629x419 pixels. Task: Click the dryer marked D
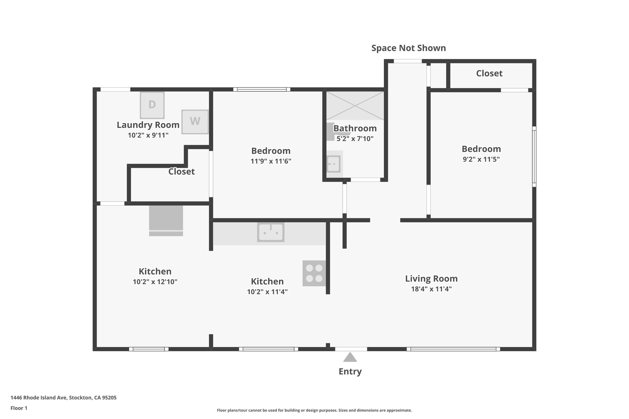152,105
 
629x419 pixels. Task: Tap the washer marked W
195,122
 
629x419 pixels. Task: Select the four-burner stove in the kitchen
314,273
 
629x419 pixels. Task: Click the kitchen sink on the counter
271,232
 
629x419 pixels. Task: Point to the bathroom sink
333,164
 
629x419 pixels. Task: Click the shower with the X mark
355,106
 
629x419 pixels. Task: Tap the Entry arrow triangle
350,357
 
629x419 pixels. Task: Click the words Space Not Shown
408,48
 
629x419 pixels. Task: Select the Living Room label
431,279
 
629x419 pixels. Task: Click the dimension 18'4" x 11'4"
431,289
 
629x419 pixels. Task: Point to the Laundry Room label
148,125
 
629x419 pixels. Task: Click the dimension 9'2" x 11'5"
481,159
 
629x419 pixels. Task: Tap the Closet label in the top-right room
489,73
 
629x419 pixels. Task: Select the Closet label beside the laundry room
181,172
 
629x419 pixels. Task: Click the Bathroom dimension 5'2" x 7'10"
355,139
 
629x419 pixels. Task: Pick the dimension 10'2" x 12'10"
155,282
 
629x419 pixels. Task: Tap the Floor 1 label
19,408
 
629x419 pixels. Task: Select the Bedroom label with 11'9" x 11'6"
271,151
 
